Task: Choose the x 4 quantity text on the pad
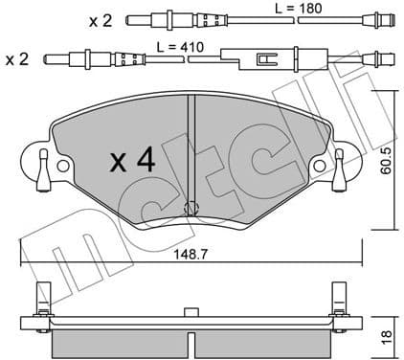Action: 131,161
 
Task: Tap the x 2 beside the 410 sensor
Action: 17,60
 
